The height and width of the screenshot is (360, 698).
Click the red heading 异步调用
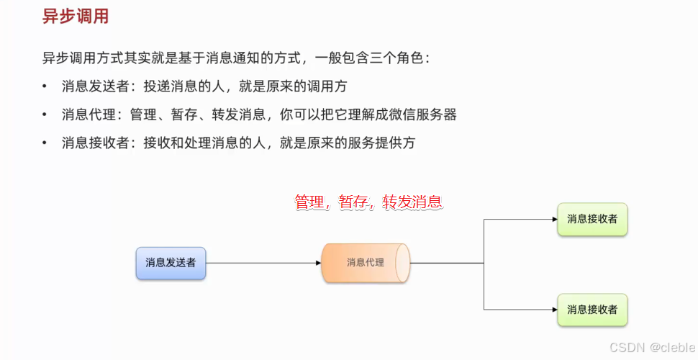[x=76, y=17]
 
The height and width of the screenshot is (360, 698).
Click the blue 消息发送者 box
[x=171, y=263]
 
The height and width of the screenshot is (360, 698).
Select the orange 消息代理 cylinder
[x=366, y=263]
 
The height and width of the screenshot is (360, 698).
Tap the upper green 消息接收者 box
[x=592, y=219]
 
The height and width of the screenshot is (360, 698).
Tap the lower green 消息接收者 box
[x=592, y=310]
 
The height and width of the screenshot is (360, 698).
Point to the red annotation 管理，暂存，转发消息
[x=368, y=202]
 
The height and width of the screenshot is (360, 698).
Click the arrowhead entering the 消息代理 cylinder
[x=318, y=263]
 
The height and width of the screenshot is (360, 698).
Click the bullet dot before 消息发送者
[x=45, y=86]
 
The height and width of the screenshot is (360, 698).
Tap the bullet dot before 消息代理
[x=45, y=114]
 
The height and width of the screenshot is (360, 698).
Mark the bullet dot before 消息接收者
[x=45, y=143]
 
